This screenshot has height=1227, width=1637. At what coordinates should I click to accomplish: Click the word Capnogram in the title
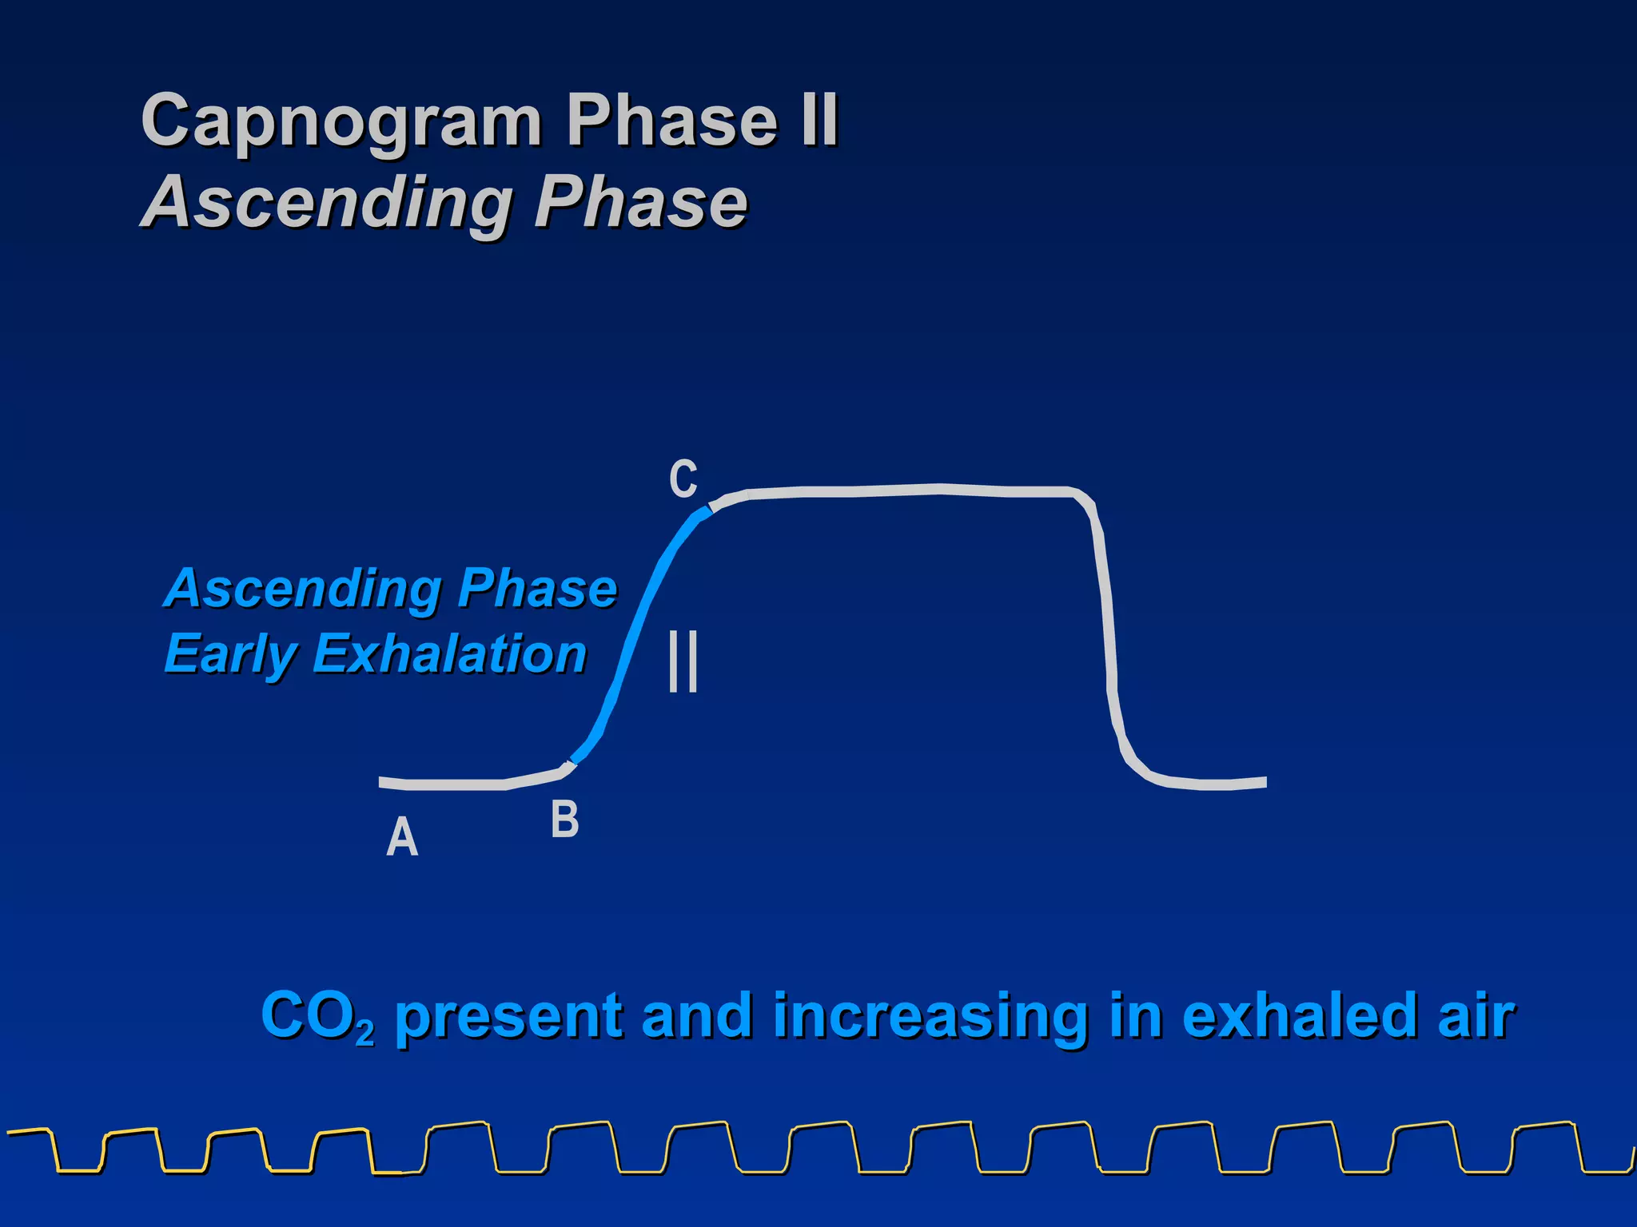tap(342, 121)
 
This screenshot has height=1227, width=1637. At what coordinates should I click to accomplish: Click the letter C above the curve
tap(683, 480)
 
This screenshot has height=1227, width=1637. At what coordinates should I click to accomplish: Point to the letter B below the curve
tap(564, 820)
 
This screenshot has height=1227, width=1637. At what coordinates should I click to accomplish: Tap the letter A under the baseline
tap(402, 838)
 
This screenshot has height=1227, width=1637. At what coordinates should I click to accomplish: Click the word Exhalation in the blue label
tap(450, 654)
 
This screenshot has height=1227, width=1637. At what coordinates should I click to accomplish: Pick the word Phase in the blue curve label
tap(537, 589)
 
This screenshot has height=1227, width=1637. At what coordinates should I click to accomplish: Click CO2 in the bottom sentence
tap(316, 1016)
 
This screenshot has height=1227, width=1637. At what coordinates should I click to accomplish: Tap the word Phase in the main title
tap(671, 121)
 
